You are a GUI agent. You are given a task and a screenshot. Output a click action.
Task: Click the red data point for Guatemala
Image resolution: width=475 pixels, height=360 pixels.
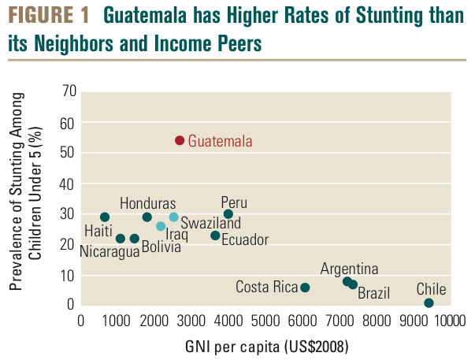tap(180, 140)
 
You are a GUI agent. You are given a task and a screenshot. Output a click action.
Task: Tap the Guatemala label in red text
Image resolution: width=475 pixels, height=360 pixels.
tap(221, 142)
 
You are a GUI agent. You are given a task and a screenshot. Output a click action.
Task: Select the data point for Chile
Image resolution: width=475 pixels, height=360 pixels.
tap(429, 303)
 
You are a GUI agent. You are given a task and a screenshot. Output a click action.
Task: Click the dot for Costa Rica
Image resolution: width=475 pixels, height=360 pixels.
tap(305, 288)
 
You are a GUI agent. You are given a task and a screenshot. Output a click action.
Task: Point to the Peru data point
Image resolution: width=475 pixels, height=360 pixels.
tap(228, 214)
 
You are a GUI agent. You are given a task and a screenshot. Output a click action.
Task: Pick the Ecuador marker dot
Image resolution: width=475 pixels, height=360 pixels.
tap(215, 236)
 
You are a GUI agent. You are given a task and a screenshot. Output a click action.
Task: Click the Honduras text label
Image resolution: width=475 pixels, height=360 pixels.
tap(147, 203)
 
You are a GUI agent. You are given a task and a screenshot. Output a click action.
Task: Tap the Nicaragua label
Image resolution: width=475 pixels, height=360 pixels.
tap(109, 252)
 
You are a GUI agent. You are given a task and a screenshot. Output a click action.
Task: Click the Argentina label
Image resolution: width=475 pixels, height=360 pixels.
tap(349, 269)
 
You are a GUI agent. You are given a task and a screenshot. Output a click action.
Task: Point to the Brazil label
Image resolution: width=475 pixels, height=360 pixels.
tap(373, 294)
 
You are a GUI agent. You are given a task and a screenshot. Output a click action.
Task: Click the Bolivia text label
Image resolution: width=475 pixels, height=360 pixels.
tap(161, 247)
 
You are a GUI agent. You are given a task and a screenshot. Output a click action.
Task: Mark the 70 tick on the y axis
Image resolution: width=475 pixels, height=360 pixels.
tap(68, 91)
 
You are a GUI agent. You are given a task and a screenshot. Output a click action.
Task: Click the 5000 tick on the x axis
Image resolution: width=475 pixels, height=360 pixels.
tap(265, 321)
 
